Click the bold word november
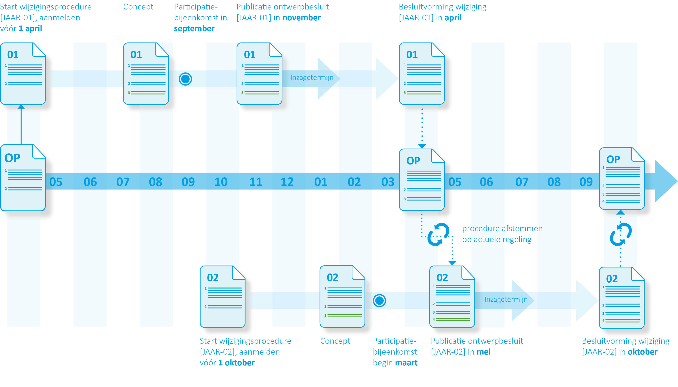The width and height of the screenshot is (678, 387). click(301, 18)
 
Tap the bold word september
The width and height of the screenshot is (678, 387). click(194, 29)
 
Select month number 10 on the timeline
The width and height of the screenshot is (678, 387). click(221, 182)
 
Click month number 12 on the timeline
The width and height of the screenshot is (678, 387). click(287, 182)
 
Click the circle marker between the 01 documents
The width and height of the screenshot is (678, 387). click(185, 79)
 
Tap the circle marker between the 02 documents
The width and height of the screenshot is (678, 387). click(379, 301)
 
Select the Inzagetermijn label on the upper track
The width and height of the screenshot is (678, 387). click(312, 78)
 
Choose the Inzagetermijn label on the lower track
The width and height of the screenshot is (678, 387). click(506, 300)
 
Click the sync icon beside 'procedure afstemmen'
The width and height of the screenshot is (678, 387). click(438, 234)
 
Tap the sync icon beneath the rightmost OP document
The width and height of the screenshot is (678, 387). click(621, 234)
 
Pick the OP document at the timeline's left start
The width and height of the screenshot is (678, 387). click(23, 178)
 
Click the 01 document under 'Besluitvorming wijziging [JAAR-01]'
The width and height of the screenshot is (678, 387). click(421, 74)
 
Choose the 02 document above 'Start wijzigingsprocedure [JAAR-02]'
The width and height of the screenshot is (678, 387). click(223, 296)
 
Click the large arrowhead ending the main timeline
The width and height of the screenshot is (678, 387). click(666, 181)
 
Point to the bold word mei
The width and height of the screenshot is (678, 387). click(483, 352)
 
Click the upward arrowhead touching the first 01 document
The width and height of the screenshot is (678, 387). click(21, 107)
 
